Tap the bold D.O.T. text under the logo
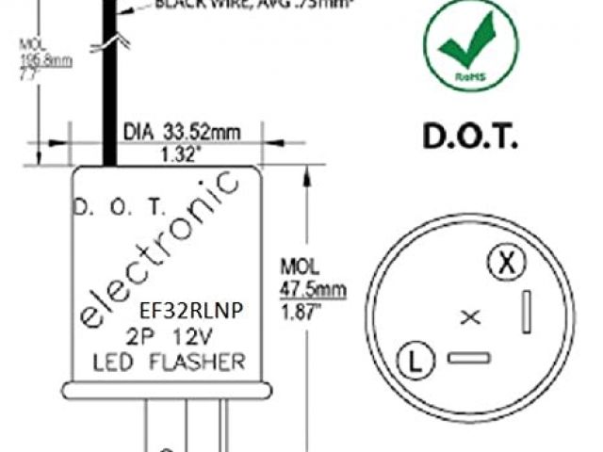pyautogui.click(x=470, y=137)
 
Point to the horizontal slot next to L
pyautogui.click(x=468, y=358)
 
